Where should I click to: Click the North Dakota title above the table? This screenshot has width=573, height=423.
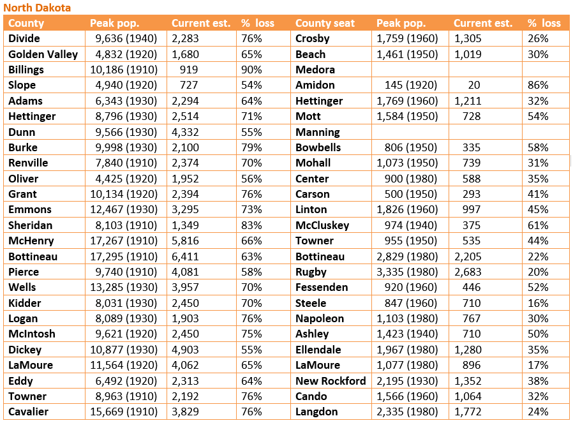[x=37, y=8]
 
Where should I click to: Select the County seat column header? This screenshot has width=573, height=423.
[x=325, y=23]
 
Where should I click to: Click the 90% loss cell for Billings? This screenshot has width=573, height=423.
[x=251, y=70]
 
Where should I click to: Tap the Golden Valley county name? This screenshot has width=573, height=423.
[x=43, y=54]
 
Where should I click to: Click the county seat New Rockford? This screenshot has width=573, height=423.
[x=331, y=381]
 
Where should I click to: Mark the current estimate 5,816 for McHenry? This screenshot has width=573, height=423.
[x=185, y=241]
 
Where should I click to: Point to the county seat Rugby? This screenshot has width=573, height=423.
[x=311, y=272]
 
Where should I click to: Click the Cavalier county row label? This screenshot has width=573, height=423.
[x=29, y=412]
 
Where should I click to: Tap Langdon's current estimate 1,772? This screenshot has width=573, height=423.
[x=468, y=412]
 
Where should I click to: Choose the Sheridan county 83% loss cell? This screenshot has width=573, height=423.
[x=251, y=225]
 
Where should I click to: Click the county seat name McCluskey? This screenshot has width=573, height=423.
[x=322, y=225]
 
